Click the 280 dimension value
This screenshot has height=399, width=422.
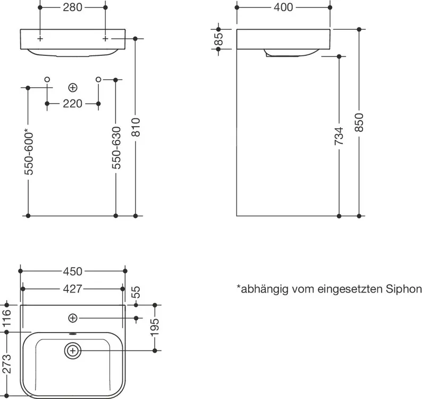point(73,8)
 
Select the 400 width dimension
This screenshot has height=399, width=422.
point(283,8)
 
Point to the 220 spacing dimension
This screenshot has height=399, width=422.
point(73,103)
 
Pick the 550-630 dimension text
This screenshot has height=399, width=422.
point(116,148)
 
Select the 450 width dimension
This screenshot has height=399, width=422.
point(73,271)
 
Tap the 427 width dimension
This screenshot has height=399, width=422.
point(73,288)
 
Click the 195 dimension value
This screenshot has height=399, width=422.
point(155,328)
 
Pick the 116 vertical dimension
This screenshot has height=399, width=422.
point(7,318)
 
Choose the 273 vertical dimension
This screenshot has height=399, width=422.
point(7,364)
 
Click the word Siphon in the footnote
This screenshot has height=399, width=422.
point(404,289)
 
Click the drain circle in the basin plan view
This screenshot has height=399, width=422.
point(73,350)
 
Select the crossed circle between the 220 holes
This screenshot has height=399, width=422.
point(73,87)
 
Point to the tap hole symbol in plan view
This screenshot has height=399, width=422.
point(73,318)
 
